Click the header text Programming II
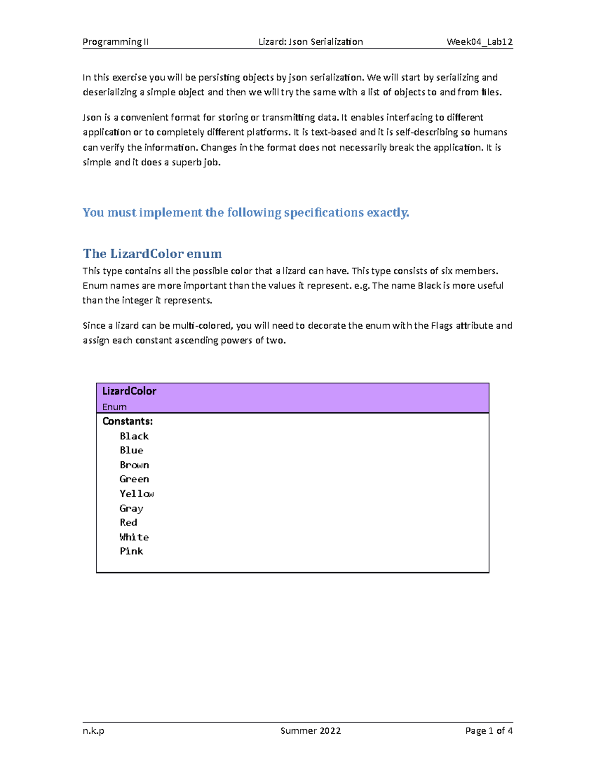[x=115, y=42]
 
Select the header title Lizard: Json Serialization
[x=310, y=42]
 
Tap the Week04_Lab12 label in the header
[x=479, y=42]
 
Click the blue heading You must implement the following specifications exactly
[x=246, y=212]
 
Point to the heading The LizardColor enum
[x=152, y=254]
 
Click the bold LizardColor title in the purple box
[x=129, y=391]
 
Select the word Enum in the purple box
[x=114, y=407]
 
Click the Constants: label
[x=128, y=421]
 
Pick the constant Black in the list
[x=134, y=436]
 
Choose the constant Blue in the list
[x=132, y=450]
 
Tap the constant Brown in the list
[x=134, y=465]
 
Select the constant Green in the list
[x=134, y=479]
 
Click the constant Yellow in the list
[x=137, y=493]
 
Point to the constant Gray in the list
[x=132, y=508]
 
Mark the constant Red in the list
[x=129, y=522]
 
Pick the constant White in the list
[x=134, y=537]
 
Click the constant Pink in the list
[x=132, y=551]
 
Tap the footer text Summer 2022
[x=310, y=730]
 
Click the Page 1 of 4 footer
[x=489, y=730]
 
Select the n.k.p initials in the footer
[x=93, y=730]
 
